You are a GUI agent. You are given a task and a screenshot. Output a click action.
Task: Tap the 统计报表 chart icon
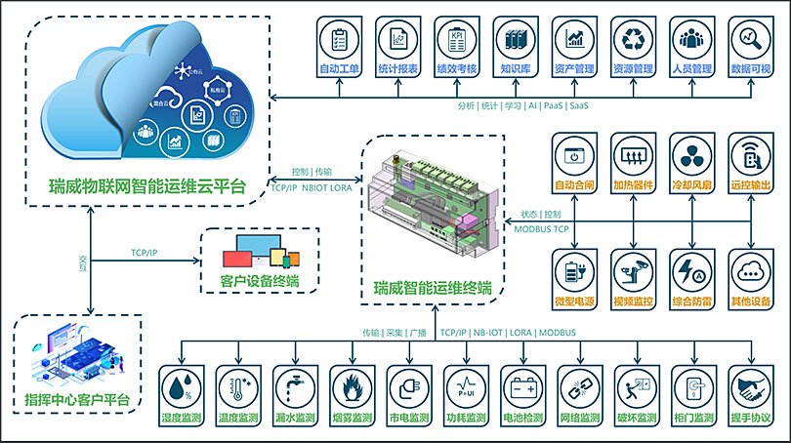(398, 39)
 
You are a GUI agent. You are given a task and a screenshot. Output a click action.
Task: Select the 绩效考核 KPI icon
(456, 39)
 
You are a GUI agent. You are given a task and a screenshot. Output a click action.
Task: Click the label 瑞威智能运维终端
(433, 289)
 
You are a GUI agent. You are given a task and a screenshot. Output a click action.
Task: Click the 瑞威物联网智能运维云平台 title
(147, 184)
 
